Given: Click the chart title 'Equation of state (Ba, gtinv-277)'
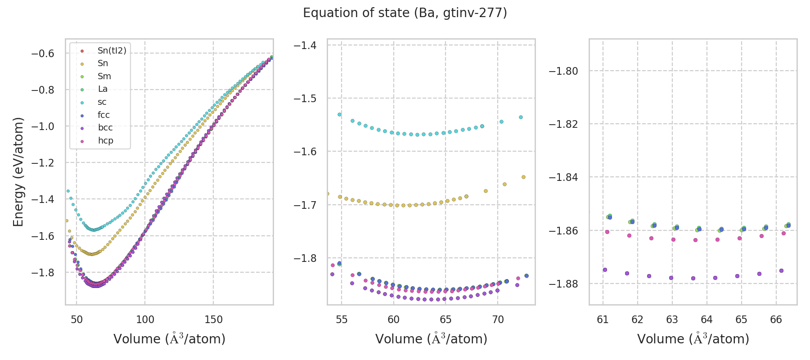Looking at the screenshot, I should point(405,13).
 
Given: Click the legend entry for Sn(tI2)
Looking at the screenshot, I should point(112,50).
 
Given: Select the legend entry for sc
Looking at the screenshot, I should point(102,102).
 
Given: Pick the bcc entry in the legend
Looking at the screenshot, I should point(105,128).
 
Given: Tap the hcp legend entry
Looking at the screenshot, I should point(106,141).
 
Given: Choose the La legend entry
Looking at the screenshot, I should point(103,89).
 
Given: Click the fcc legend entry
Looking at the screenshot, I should point(103,115).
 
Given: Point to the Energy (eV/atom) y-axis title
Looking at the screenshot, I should point(18,171).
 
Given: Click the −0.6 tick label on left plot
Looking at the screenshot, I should point(42,54).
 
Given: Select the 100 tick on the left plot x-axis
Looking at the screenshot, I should point(145,319).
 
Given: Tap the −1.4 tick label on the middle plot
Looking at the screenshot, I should point(305,45).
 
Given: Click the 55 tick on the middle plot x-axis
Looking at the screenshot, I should point(342,319).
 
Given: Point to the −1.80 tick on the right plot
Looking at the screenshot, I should point(563,71).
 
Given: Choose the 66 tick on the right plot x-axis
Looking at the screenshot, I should point(776,319).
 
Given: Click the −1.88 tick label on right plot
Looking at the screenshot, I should point(563,284).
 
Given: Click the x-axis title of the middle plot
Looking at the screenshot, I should point(431,339).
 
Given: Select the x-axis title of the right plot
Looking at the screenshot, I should point(693,339).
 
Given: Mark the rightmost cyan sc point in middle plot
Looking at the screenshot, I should point(521,117).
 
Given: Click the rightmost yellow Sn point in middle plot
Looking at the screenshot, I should point(523,177).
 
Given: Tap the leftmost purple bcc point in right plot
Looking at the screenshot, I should point(605,270).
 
